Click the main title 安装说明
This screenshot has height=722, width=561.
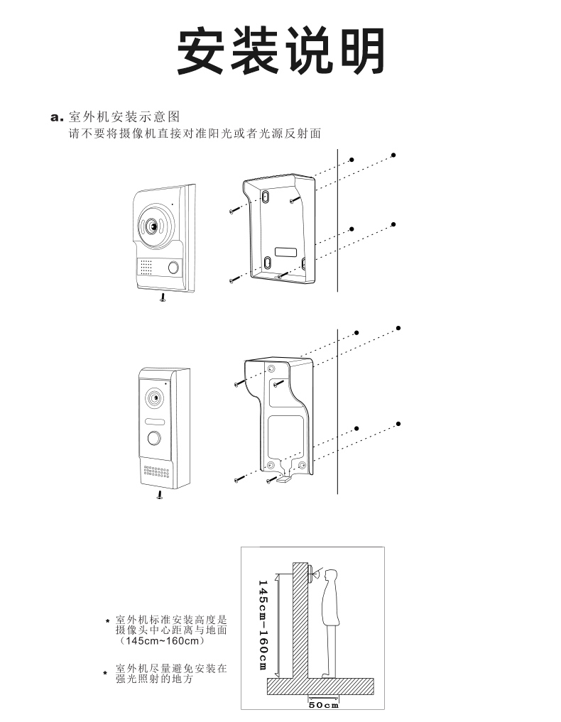(280, 51)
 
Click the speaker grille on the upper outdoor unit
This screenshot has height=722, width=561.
(146, 267)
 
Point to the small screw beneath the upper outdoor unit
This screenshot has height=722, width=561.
(163, 298)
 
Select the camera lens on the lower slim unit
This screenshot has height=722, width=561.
(153, 398)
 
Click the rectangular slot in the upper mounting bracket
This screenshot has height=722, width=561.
(286, 252)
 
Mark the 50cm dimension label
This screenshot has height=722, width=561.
(324, 704)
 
